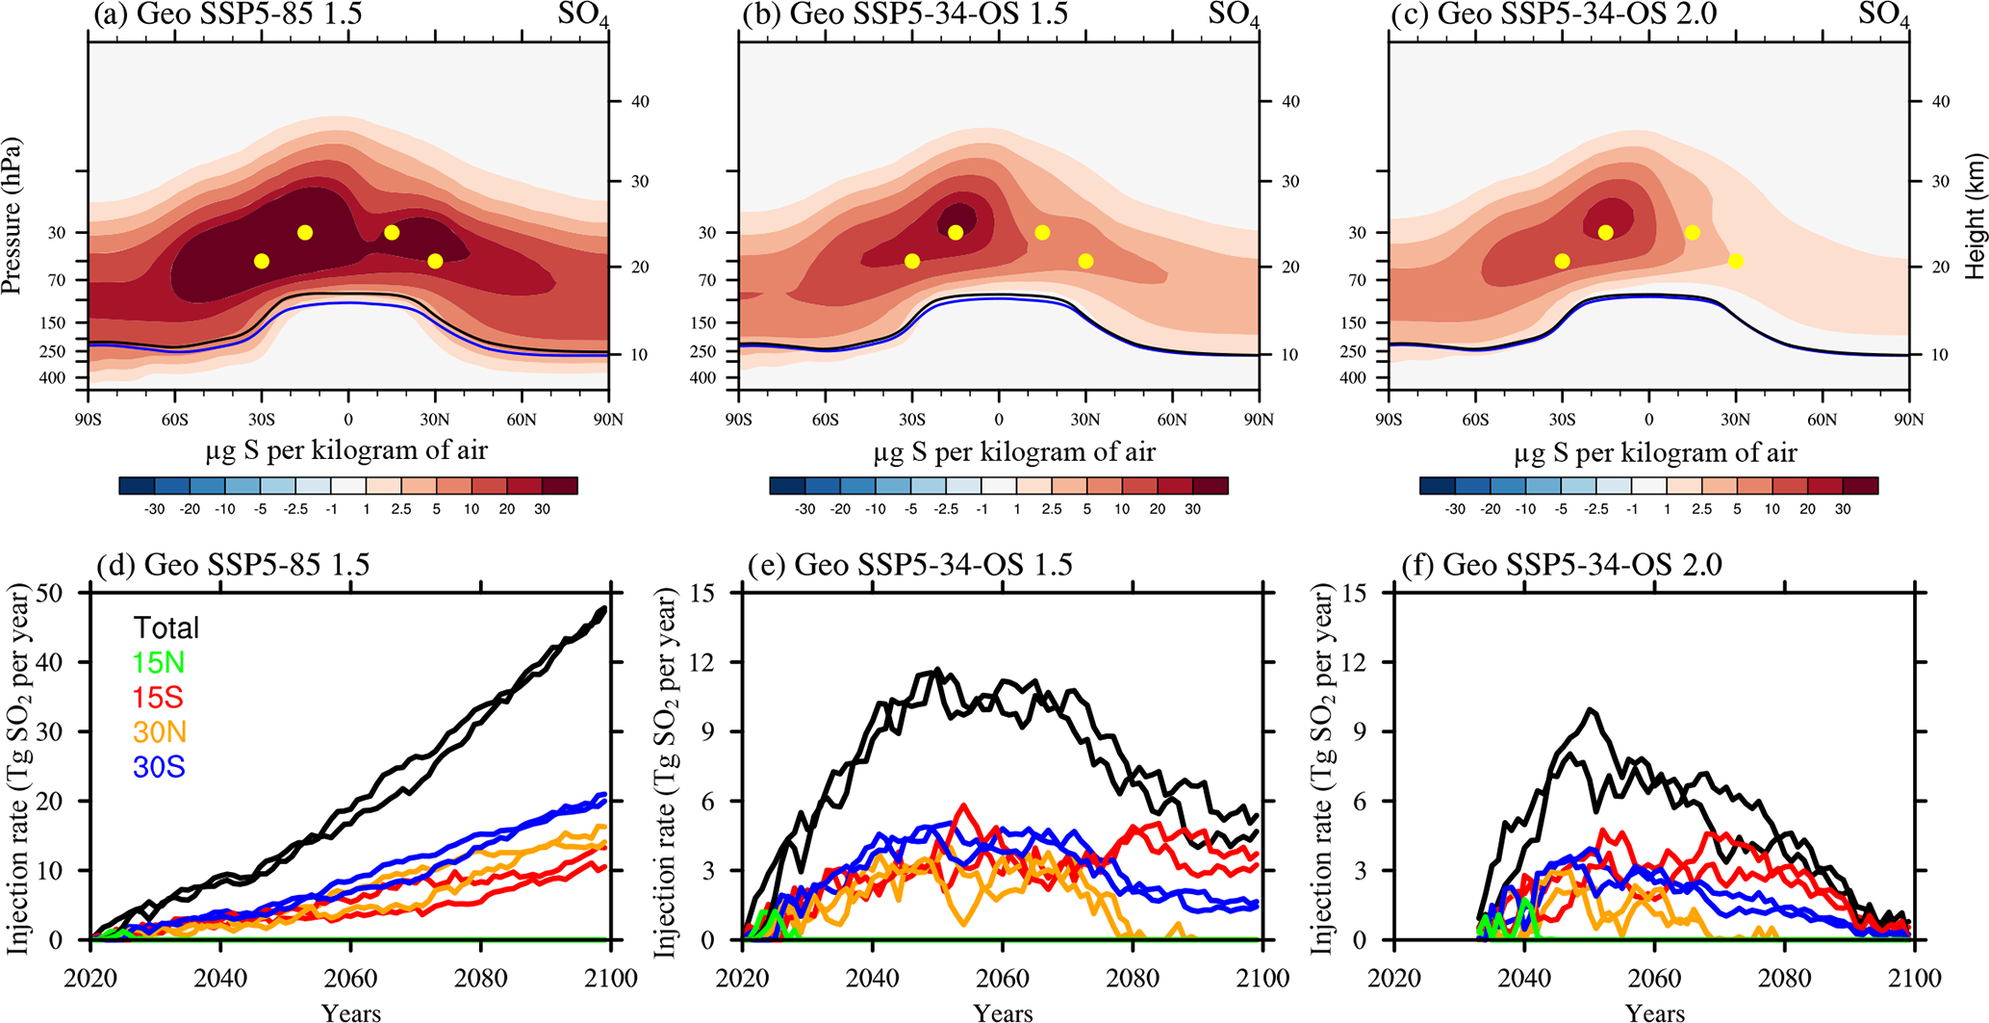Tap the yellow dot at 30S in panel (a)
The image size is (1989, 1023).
pyautogui.click(x=262, y=261)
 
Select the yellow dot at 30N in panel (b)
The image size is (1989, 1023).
pyautogui.click(x=1085, y=261)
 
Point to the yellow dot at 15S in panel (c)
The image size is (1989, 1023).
pyautogui.click(x=1605, y=232)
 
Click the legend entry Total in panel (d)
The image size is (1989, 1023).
pyautogui.click(x=166, y=628)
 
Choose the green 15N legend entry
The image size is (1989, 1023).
pyautogui.click(x=159, y=663)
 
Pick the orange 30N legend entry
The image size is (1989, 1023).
pyautogui.click(x=159, y=732)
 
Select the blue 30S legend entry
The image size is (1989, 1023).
pyautogui.click(x=159, y=767)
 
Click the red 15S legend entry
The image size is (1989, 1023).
pyautogui.click(x=158, y=698)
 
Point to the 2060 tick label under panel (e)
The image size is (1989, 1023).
pyautogui.click(x=1003, y=979)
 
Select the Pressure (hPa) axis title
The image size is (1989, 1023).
pyautogui.click(x=13, y=216)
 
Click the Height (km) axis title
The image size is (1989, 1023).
pyautogui.click(x=1976, y=216)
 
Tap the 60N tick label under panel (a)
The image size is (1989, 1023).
pyautogui.click(x=522, y=420)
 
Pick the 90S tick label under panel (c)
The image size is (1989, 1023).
pyautogui.click(x=1389, y=420)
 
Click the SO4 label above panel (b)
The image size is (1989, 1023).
pyautogui.click(x=1235, y=15)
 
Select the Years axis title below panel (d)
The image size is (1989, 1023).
pyautogui.click(x=351, y=1011)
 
